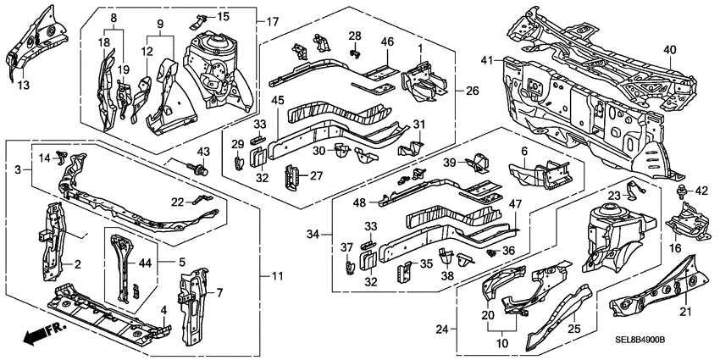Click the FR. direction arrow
click(38, 335)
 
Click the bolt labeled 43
click(201, 171)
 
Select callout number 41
click(486, 61)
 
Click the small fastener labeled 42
click(683, 190)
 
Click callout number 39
click(451, 163)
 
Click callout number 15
click(224, 17)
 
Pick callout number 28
click(356, 36)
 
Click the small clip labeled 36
click(492, 252)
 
